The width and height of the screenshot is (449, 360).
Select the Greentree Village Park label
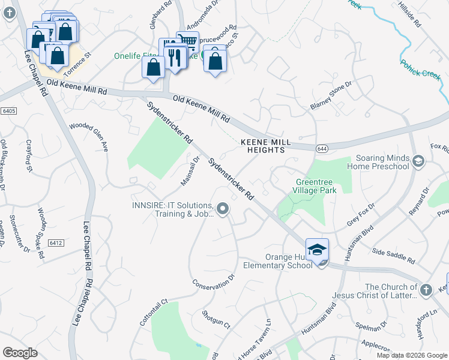tap(316, 186)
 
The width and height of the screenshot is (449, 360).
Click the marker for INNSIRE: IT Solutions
tap(223, 209)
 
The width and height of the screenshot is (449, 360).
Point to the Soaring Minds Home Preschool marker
tap(418, 161)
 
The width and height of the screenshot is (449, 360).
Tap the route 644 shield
tap(322, 148)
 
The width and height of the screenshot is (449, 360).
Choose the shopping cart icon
tap(188, 41)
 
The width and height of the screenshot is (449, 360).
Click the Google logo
tap(20, 353)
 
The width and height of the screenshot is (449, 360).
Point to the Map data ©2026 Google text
tap(411, 355)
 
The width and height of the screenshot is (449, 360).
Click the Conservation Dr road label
tap(213, 281)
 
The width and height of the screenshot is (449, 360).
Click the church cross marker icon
tap(426, 290)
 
